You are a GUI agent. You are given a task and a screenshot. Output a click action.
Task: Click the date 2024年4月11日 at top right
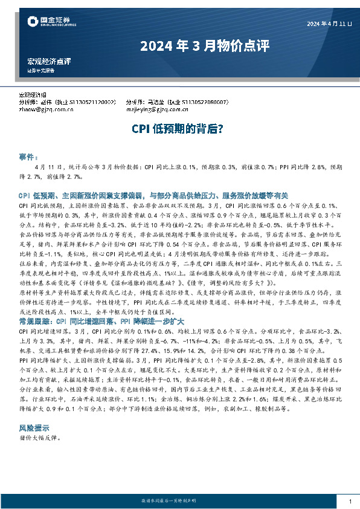pyautogui.click(x=329, y=24)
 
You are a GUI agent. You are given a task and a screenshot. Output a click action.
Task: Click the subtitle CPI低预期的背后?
pyautogui.click(x=179, y=129)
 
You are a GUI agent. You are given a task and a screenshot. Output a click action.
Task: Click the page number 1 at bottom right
pyautogui.click(x=350, y=502)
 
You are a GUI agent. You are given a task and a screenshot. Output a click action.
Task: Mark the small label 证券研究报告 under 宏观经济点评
pyautogui.click(x=40, y=70)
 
